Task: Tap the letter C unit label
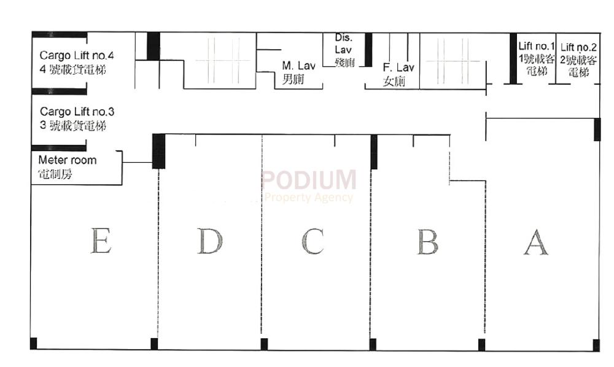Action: (x=312, y=241)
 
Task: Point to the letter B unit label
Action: (x=427, y=241)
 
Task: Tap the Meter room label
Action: (x=67, y=160)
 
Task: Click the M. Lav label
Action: (x=294, y=65)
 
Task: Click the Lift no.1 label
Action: (x=537, y=47)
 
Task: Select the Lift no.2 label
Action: (x=578, y=47)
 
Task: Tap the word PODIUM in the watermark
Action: (x=309, y=180)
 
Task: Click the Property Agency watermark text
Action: (x=309, y=197)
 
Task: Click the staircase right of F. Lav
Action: (x=455, y=61)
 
